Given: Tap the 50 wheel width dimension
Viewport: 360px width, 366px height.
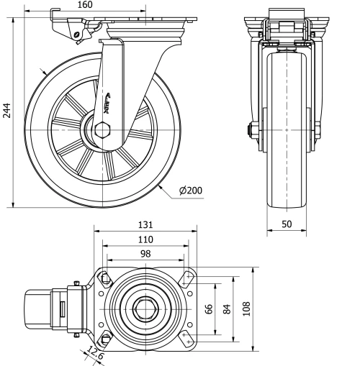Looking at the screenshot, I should [x=287, y=224].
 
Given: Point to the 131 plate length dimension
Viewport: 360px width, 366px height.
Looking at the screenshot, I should [x=145, y=224].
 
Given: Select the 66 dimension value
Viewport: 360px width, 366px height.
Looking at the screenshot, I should [x=208, y=308].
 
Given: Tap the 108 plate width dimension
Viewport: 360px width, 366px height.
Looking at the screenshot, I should [x=247, y=309].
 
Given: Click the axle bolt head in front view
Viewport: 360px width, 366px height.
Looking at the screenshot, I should [x=252, y=131].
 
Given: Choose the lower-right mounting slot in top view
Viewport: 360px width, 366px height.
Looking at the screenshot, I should [x=188, y=339].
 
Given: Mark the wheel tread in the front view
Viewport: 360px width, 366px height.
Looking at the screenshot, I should [x=286, y=129].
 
